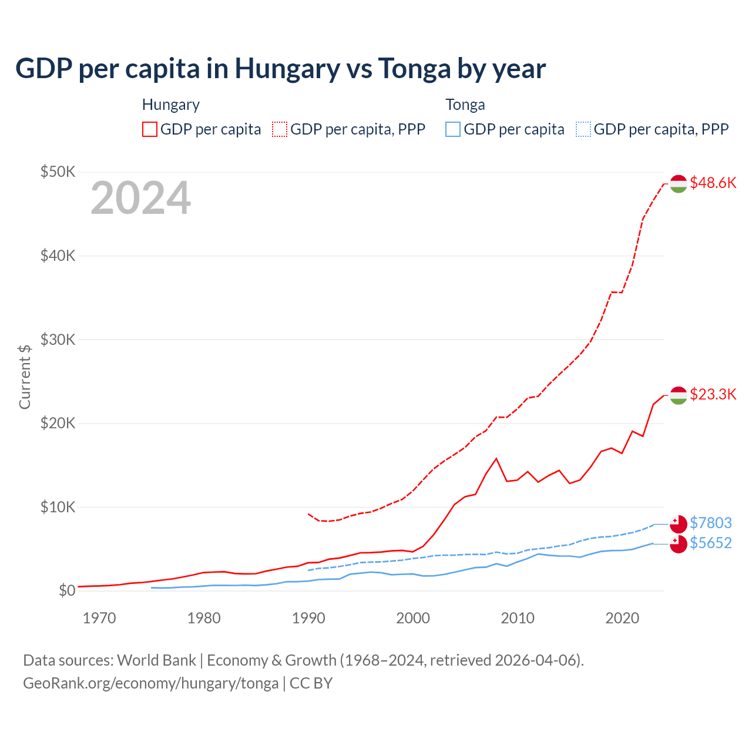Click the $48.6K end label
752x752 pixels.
pos(713,183)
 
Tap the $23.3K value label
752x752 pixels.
pos(713,394)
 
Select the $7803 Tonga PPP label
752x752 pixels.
pos(710,523)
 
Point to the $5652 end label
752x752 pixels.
pos(710,543)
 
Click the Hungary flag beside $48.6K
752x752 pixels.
pos(679,183)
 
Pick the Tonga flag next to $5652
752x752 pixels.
pos(679,544)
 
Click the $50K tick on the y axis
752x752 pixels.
pos(58,172)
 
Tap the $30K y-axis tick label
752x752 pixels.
pos(58,340)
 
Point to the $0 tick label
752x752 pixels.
pos(67,590)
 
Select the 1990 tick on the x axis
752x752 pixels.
pos(308,618)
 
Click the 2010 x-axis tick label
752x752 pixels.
pos(518,618)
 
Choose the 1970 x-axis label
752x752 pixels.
pos(99,618)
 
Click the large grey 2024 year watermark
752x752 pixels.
pos(141,198)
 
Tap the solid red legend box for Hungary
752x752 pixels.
pos(150,129)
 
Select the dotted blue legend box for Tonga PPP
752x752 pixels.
pos(583,129)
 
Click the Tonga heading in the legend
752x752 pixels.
pos(465,105)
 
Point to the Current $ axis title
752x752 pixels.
pos(25,377)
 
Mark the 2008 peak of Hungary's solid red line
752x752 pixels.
pos(496,458)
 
